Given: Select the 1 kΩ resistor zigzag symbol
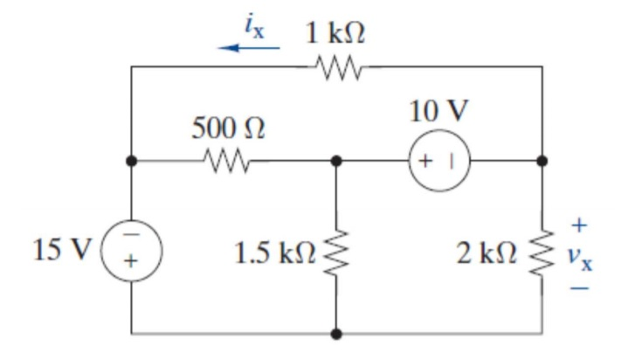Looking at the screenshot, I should click(x=337, y=66).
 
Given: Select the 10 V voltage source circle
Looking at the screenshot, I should click(x=438, y=161).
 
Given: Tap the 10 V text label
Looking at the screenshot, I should click(x=438, y=113).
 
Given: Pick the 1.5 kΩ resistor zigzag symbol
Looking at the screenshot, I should click(x=336, y=253).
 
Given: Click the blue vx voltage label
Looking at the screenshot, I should click(x=580, y=256).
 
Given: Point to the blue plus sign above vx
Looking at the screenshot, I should click(x=579, y=226).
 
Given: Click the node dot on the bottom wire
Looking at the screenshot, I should click(x=336, y=334).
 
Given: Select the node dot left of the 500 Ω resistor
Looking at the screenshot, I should click(x=131, y=161).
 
